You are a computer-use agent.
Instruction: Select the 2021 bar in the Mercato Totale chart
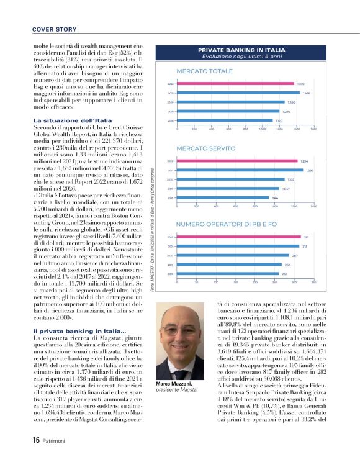click(x=240, y=93)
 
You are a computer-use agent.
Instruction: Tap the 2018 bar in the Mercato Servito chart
click(x=224, y=197)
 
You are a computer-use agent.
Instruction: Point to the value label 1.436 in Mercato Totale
click(x=307, y=93)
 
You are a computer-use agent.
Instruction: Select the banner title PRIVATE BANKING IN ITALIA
click(x=241, y=49)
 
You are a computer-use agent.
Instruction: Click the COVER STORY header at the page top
click(x=54, y=29)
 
